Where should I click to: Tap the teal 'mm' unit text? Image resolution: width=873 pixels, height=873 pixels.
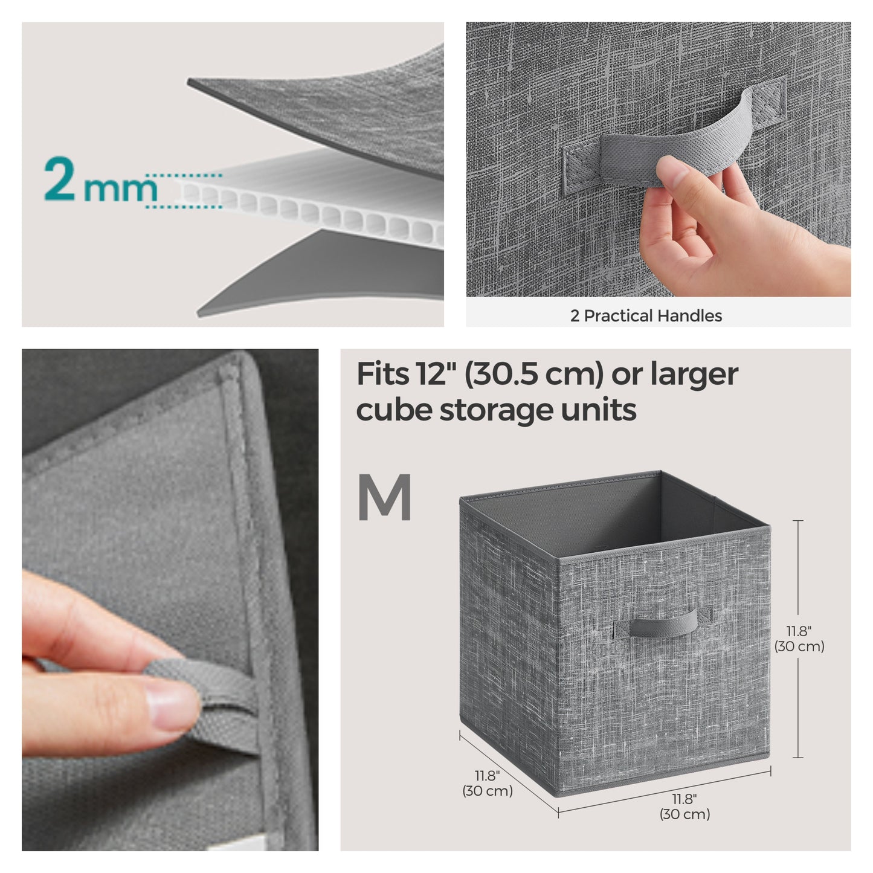point(121,189)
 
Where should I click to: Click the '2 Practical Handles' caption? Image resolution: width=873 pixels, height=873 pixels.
point(646,315)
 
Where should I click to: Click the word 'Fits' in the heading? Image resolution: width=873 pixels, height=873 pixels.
point(382,374)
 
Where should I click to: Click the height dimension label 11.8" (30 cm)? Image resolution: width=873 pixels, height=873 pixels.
point(799,639)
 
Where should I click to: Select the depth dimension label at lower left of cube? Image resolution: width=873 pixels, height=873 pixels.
point(487,782)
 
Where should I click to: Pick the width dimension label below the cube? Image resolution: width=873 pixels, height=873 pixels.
point(684,806)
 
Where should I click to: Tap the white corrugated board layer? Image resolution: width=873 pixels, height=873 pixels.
point(314,205)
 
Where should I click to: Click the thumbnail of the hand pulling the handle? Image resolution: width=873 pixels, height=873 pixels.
point(658,160)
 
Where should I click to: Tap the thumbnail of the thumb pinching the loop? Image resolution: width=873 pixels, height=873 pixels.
point(170,599)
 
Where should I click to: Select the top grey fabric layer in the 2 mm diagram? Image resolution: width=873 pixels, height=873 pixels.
point(338,103)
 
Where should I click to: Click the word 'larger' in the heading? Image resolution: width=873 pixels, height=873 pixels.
point(694,374)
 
